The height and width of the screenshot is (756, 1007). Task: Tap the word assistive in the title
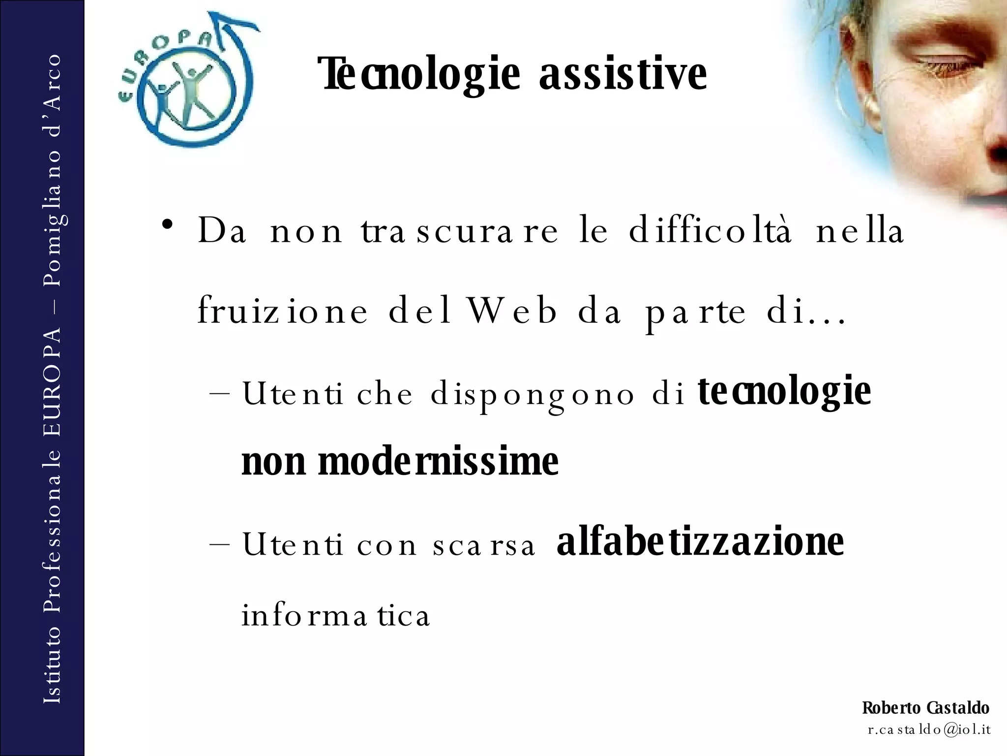coord(623,75)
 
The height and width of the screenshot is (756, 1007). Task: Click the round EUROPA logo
coord(187,81)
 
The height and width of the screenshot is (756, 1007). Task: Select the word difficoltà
coord(711,231)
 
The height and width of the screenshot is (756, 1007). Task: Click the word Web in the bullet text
coord(512,311)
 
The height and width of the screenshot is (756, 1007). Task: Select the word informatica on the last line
coord(335,616)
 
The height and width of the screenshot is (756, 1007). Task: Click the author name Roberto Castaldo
coord(925,708)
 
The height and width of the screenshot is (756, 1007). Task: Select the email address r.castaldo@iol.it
coord(929,729)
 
